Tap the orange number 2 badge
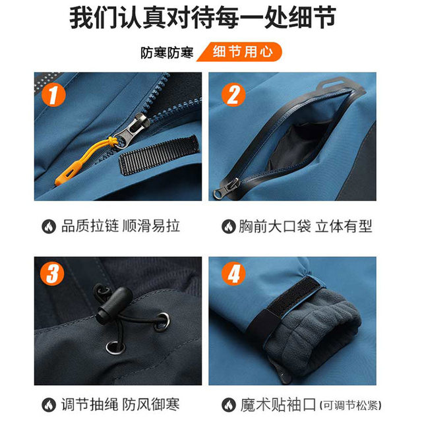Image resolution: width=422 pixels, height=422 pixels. tap(232, 95)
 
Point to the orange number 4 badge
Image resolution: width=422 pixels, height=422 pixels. tap(232, 273)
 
